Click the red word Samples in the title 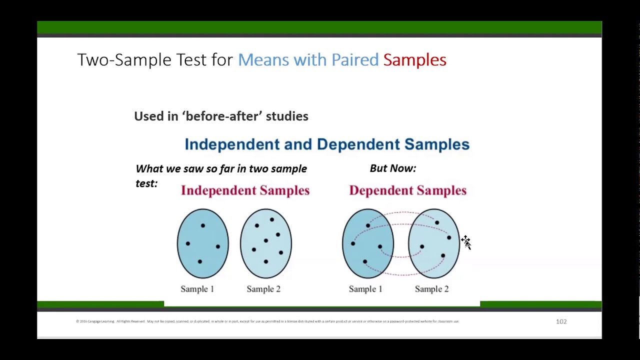tap(414, 60)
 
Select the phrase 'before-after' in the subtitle tap(222, 116)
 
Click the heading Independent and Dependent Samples tap(327, 144)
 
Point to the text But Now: tap(392, 168)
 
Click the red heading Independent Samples tap(245, 190)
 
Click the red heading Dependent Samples tap(407, 190)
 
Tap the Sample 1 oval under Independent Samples tap(202, 243)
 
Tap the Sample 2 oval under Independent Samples tap(265, 243)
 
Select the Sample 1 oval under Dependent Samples tap(367, 243)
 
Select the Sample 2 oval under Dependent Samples tap(433, 243)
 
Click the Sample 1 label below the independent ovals tap(197, 289)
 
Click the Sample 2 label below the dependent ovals tap(431, 289)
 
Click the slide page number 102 tap(561, 321)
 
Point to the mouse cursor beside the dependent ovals tap(465, 242)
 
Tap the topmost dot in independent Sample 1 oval tap(202, 225)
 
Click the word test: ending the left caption tap(146, 183)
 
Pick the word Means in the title tap(263, 60)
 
